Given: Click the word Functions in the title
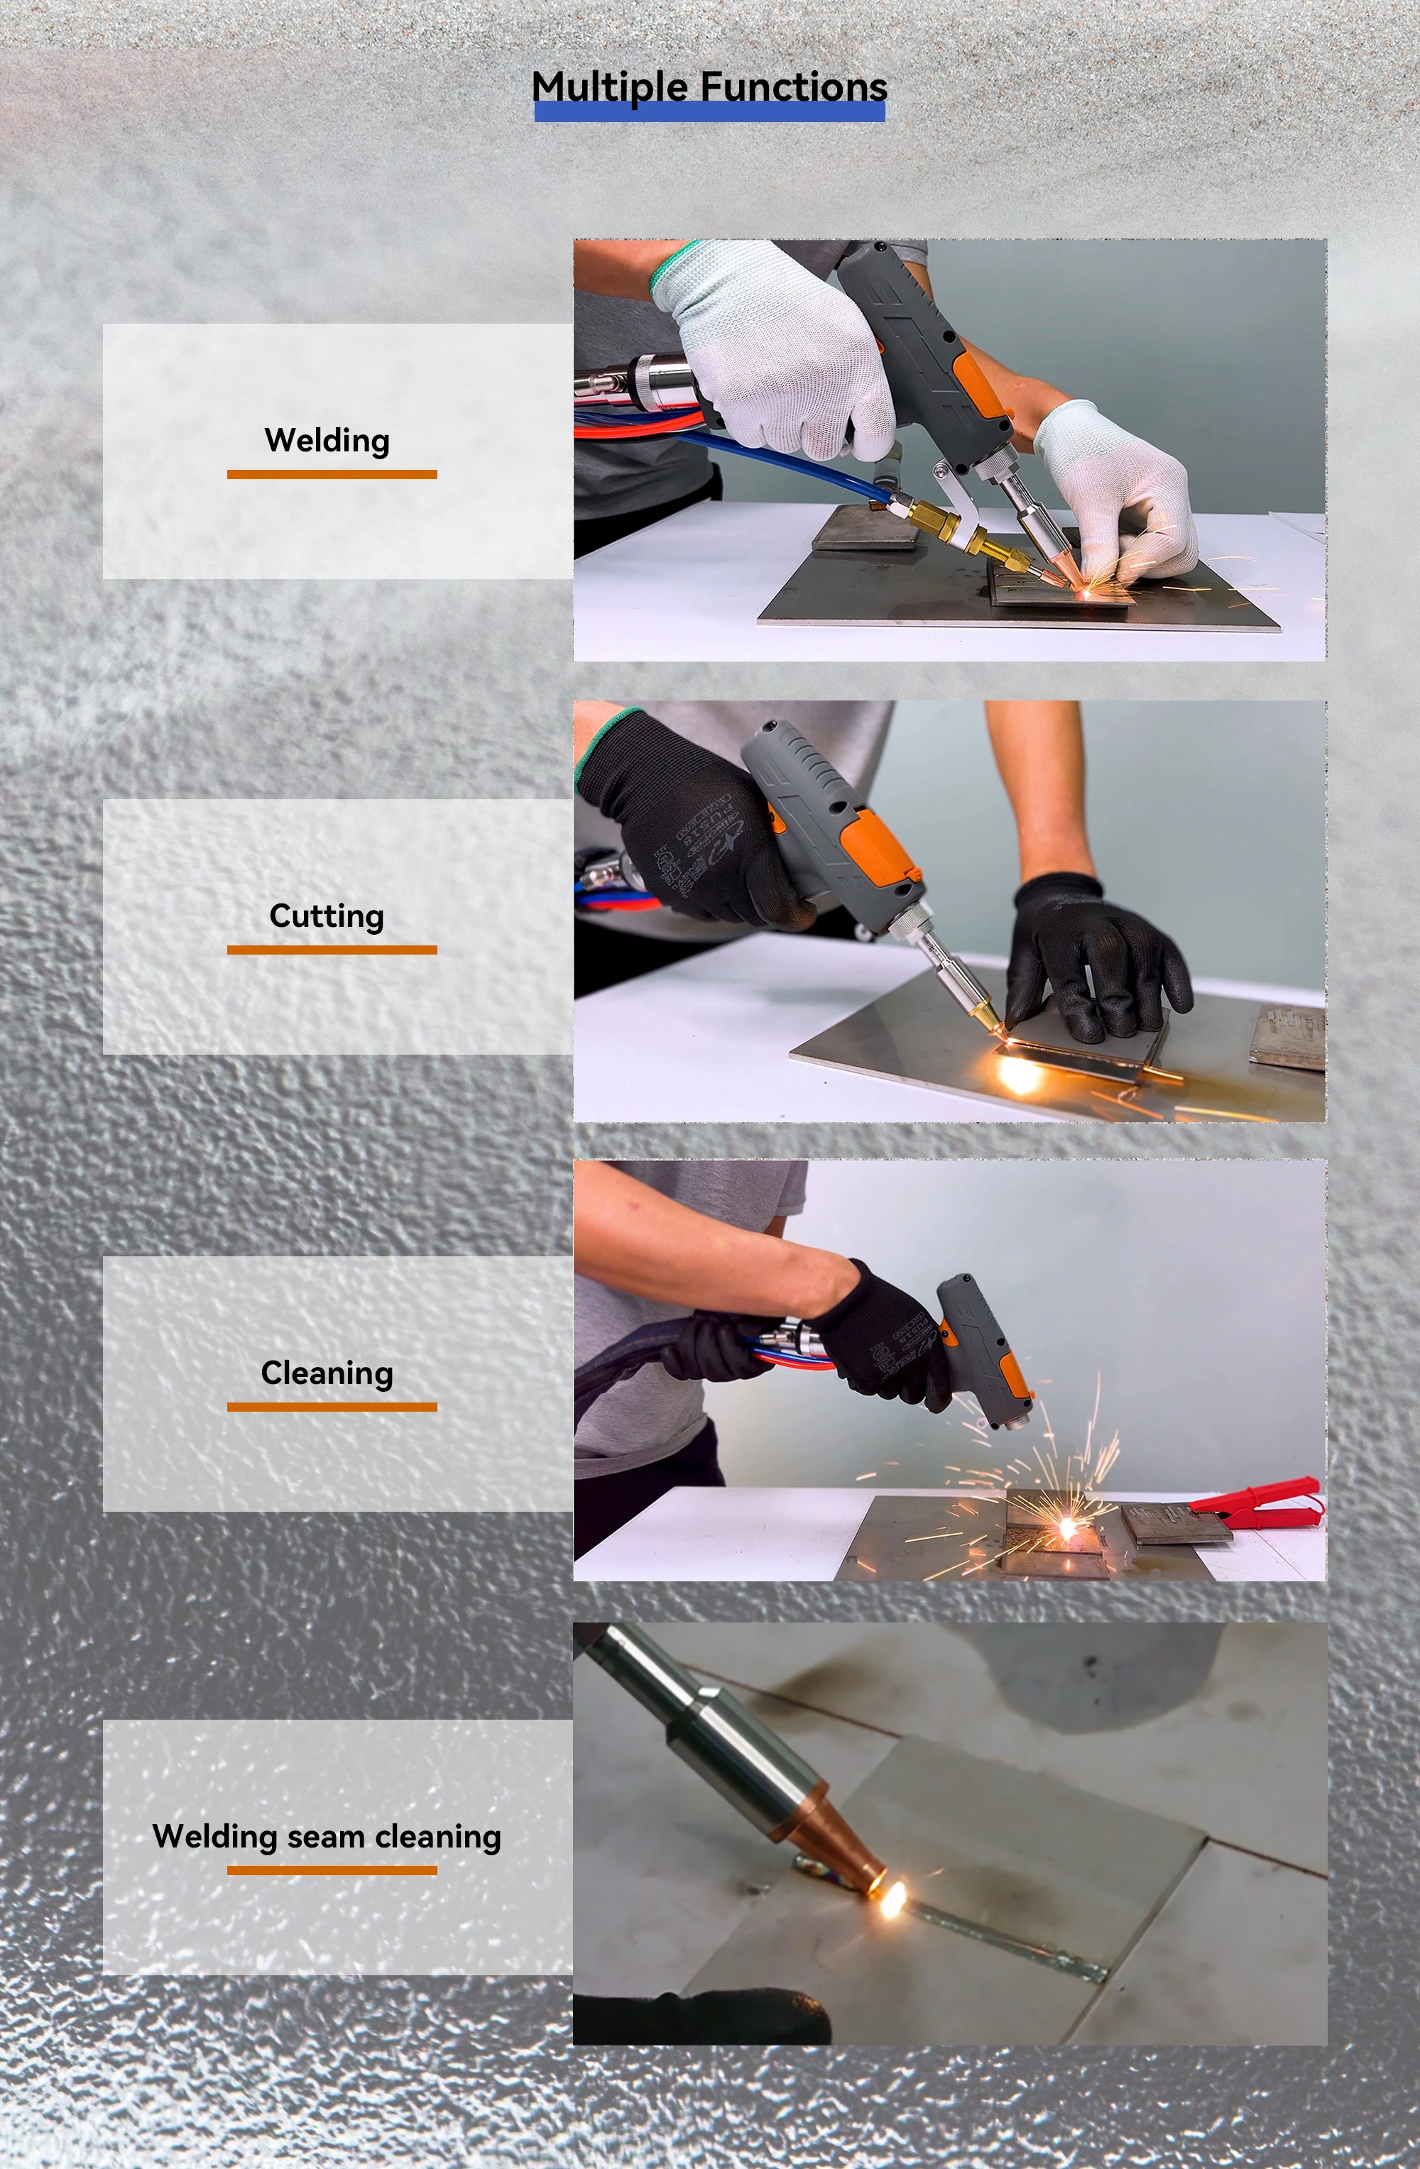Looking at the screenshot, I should coord(793,87).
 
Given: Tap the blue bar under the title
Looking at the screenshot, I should coord(709,113).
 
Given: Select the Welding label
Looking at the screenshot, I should coord(327,441).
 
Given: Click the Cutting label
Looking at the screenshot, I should coord(327,916).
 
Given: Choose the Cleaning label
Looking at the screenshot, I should coord(327,1373).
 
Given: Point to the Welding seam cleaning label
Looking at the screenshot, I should coord(327,1836).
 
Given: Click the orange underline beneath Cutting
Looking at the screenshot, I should coord(332,950).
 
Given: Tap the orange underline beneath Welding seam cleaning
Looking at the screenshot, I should coord(332,1870).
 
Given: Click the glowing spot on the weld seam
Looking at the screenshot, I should coord(890,1901).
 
